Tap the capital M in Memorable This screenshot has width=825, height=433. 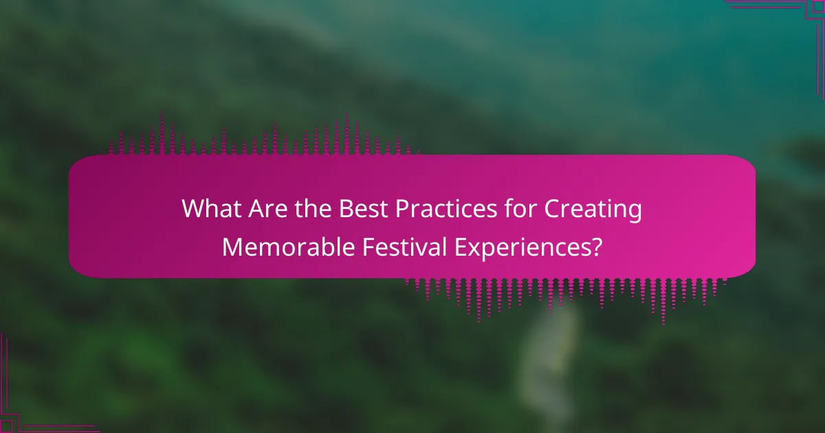pos(232,246)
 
